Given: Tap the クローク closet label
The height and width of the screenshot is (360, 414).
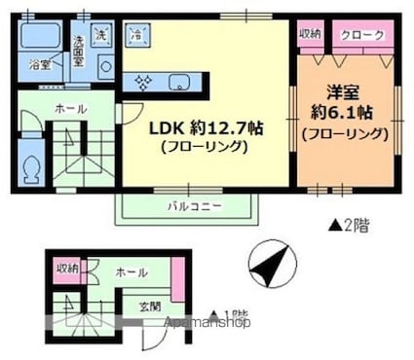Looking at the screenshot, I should point(361,36).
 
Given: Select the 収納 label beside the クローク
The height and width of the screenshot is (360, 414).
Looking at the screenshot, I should point(311,35).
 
